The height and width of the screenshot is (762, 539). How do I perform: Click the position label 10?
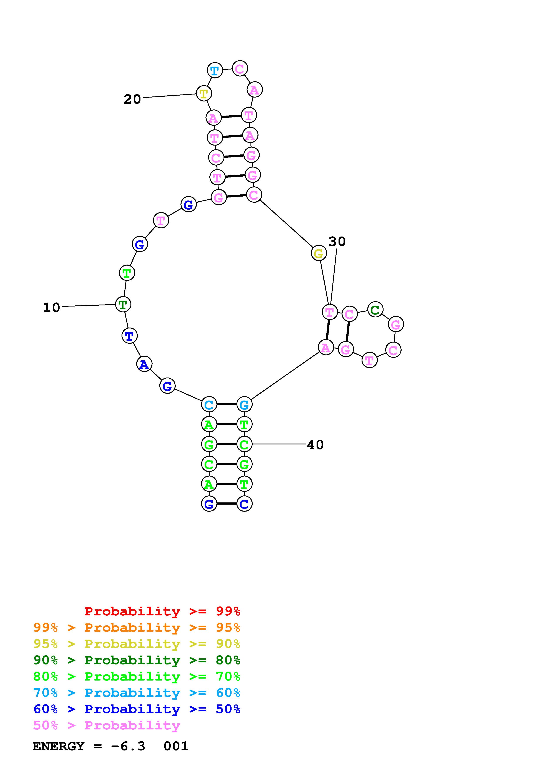[52, 307]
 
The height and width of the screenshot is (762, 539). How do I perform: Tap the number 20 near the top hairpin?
[132, 99]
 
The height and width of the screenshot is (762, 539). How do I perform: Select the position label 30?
[337, 241]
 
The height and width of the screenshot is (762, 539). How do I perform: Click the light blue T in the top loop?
[215, 70]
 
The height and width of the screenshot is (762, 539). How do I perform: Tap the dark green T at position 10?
[123, 304]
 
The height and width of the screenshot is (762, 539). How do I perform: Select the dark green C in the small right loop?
[375, 310]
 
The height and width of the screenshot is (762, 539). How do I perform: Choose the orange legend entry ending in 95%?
[137, 628]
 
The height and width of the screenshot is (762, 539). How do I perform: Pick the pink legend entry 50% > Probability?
[107, 726]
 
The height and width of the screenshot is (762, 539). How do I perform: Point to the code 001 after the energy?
[176, 746]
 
